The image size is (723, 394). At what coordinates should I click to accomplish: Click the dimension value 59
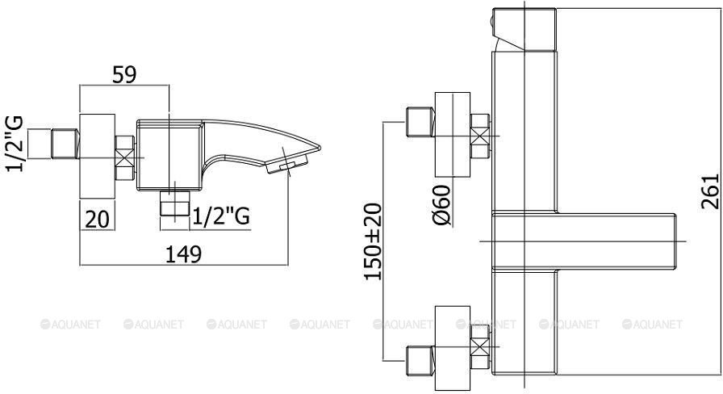(124, 75)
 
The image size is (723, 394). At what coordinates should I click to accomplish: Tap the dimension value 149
(183, 254)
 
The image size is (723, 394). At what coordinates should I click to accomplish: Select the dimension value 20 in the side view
(98, 219)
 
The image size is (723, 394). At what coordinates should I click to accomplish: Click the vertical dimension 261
(710, 191)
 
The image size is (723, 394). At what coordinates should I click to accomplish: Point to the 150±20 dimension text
(373, 241)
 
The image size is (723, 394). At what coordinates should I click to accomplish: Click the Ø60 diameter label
(442, 205)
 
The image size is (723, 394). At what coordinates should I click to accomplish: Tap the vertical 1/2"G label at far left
(15, 144)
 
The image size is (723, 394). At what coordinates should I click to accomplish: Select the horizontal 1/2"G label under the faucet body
(221, 216)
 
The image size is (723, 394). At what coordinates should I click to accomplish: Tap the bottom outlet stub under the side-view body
(175, 203)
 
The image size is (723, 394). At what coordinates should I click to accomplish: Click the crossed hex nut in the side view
(124, 157)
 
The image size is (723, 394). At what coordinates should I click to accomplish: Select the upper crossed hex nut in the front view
(480, 136)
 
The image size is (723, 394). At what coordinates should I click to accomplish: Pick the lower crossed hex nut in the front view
(480, 346)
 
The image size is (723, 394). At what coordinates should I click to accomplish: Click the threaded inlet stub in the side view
(65, 144)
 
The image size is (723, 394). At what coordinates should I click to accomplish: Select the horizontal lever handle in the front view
(584, 241)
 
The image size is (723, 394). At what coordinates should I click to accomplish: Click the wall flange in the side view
(98, 157)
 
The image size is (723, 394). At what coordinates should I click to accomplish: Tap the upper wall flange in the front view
(453, 135)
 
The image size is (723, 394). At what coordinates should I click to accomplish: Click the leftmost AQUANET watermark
(70, 325)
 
